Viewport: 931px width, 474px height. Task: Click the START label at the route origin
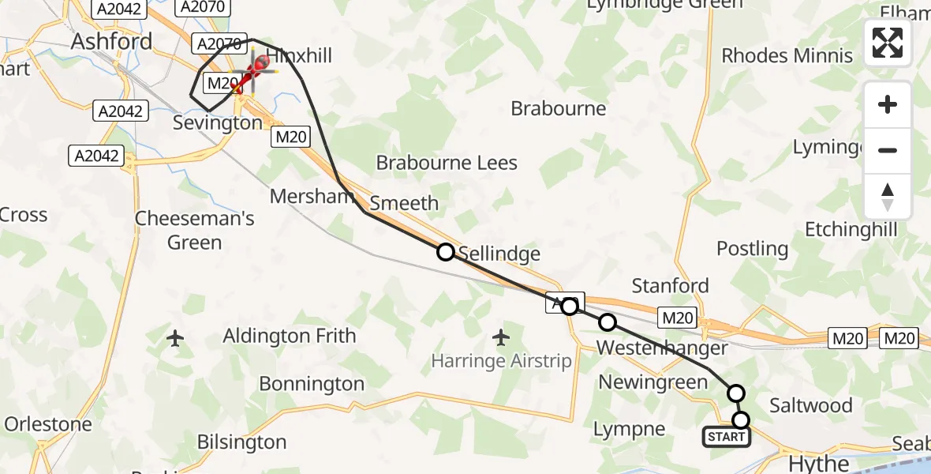(x=726, y=437)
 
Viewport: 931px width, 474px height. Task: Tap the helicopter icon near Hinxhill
(x=256, y=70)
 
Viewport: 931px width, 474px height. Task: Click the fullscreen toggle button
(x=888, y=43)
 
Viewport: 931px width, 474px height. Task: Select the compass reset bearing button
(x=888, y=197)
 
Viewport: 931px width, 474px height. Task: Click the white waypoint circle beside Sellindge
(x=446, y=252)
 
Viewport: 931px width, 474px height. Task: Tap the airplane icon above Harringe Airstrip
(x=500, y=338)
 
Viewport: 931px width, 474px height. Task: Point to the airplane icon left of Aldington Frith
(x=175, y=339)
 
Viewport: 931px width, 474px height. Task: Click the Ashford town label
(x=111, y=41)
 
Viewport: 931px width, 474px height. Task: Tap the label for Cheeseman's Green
(x=194, y=230)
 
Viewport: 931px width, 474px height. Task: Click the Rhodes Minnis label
(x=787, y=55)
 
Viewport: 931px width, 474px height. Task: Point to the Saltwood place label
(x=810, y=405)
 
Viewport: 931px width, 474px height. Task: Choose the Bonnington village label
(x=312, y=384)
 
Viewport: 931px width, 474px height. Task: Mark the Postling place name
(x=752, y=249)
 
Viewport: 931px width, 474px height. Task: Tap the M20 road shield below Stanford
(x=677, y=318)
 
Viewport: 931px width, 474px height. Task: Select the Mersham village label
(x=312, y=196)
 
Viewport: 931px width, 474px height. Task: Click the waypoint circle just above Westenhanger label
(x=608, y=322)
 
